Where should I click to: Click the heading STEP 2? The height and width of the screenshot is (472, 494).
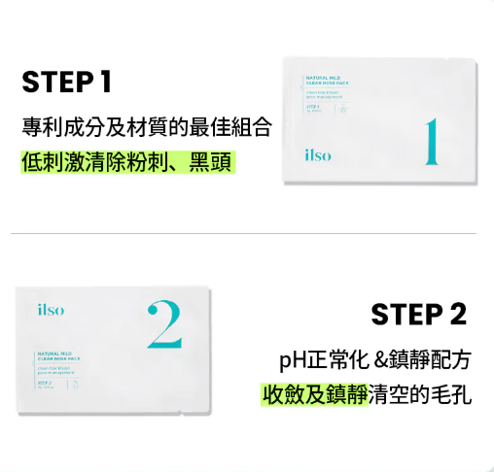pos(418,314)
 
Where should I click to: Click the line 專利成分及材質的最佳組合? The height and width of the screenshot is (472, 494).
pos(145,126)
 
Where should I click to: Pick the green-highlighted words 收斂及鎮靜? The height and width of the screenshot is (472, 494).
pos(313,395)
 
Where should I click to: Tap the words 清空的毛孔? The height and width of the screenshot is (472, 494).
pos(419,395)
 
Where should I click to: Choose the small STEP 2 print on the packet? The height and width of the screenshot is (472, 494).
pos(45,384)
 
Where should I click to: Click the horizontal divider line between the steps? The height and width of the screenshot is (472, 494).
pos(243,234)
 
